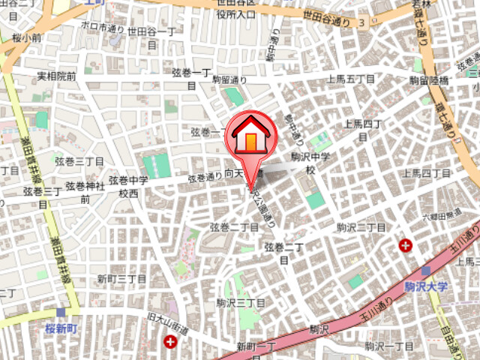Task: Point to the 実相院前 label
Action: [x=57, y=76]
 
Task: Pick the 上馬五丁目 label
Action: [x=351, y=79]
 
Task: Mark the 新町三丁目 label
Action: [x=121, y=279]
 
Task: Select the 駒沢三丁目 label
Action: [x=241, y=302]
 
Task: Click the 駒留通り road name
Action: [x=229, y=79]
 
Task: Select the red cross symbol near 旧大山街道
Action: [x=172, y=342]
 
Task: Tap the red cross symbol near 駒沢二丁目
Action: [x=406, y=245]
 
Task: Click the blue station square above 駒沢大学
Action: [x=425, y=271]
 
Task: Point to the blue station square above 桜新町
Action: [x=60, y=313]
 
